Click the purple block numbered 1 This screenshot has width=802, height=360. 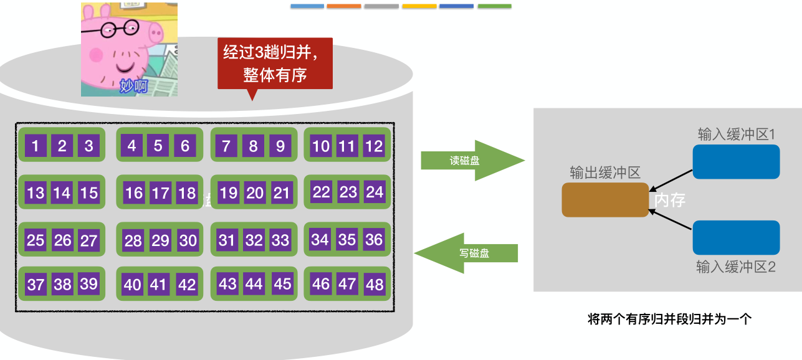(36, 146)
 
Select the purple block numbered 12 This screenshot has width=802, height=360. (374, 146)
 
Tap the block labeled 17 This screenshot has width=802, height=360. (161, 193)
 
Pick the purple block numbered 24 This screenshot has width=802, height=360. (375, 192)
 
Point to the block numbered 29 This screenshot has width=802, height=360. (161, 240)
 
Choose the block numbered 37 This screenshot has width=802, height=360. (36, 285)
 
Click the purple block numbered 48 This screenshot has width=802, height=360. (375, 285)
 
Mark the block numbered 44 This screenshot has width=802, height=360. (254, 284)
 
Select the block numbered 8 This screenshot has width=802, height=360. (254, 146)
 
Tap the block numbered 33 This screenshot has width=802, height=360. (280, 240)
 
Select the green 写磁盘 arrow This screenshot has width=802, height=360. (467, 253)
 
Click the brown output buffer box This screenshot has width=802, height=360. (605, 200)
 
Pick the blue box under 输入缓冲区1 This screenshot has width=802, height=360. (736, 162)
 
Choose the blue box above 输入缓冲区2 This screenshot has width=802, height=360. (736, 237)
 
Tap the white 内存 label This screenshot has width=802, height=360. (670, 200)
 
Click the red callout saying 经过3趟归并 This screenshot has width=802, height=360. (275, 64)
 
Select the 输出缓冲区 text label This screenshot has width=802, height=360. (605, 173)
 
